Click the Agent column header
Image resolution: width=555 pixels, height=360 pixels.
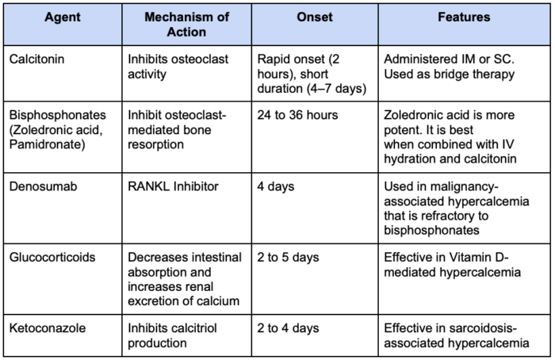pyautogui.click(x=63, y=17)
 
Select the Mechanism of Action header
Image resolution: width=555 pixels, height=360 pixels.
pyautogui.click(x=186, y=25)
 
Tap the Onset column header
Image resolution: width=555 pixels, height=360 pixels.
pyautogui.click(x=315, y=17)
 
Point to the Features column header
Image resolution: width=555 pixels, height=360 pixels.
pyautogui.click(x=464, y=17)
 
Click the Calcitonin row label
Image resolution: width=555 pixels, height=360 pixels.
pyautogui.click(x=36, y=59)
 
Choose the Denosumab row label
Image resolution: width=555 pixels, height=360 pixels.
pyautogui.click(x=43, y=186)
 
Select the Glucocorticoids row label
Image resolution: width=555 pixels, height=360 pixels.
pyautogui.click(x=52, y=257)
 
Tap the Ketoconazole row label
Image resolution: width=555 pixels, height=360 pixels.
pyautogui.click(x=48, y=327)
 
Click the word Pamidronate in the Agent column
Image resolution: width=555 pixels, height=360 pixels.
pyautogui.click(x=48, y=144)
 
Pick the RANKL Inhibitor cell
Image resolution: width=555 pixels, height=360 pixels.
pyautogui.click(x=173, y=186)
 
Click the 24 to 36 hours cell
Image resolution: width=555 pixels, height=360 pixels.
pyautogui.click(x=297, y=115)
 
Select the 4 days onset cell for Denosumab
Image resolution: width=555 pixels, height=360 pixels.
pyautogui.click(x=276, y=186)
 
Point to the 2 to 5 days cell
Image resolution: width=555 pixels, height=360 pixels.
pyautogui.click(x=288, y=258)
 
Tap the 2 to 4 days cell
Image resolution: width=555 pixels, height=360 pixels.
pyautogui.click(x=288, y=328)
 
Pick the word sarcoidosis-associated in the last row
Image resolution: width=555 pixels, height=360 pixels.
pyautogui.click(x=457, y=335)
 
